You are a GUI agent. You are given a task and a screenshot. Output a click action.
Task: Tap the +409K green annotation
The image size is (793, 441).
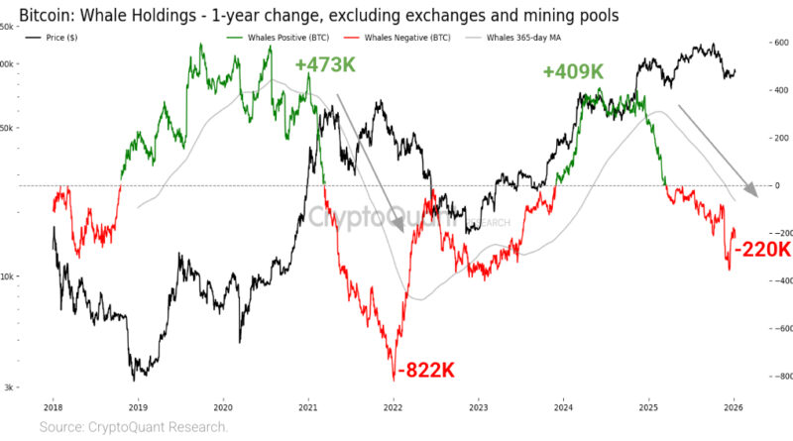tap(573, 72)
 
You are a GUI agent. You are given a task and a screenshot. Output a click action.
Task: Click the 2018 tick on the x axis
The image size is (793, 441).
tap(53, 405)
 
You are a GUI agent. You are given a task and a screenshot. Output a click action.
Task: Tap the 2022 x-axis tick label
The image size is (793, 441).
tap(394, 405)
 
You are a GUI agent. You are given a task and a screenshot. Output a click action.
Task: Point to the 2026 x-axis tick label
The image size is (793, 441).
tap(734, 405)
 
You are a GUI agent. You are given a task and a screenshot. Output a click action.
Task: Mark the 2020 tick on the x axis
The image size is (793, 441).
tap(223, 405)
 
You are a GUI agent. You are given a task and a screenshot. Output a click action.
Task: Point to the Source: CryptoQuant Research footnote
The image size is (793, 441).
tap(134, 427)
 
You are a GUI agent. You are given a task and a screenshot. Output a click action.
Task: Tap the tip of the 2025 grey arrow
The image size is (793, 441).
tap(755, 195)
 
